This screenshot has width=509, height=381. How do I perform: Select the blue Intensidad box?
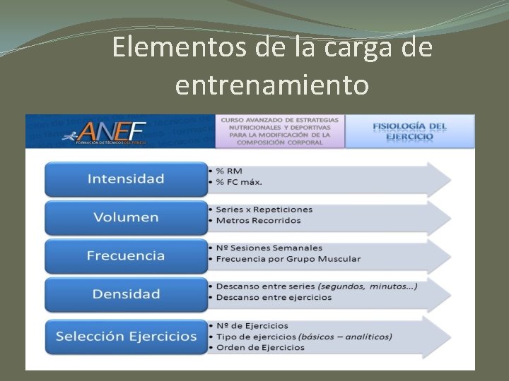pos(125,179)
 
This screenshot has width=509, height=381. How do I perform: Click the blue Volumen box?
pos(125,217)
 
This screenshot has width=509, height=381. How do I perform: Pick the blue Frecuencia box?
pos(125,255)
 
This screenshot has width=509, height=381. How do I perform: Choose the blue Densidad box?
pos(125,294)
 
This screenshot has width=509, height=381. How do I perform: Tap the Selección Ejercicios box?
pos(125,336)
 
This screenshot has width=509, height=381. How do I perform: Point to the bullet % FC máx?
pos(240,182)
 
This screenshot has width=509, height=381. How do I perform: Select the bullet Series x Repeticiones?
pos(264,210)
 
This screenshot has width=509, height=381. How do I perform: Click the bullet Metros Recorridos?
pos(259,220)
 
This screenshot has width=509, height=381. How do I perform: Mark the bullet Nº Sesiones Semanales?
pos(269,248)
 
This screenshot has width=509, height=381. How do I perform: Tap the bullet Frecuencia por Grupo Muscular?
pos(288,259)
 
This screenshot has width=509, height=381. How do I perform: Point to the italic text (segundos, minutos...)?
pos(367,286)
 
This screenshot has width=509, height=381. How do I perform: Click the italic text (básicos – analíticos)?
pos(346,337)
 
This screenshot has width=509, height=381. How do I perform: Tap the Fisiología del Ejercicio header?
pos(409,131)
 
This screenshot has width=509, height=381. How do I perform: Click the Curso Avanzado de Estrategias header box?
pos(280,131)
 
